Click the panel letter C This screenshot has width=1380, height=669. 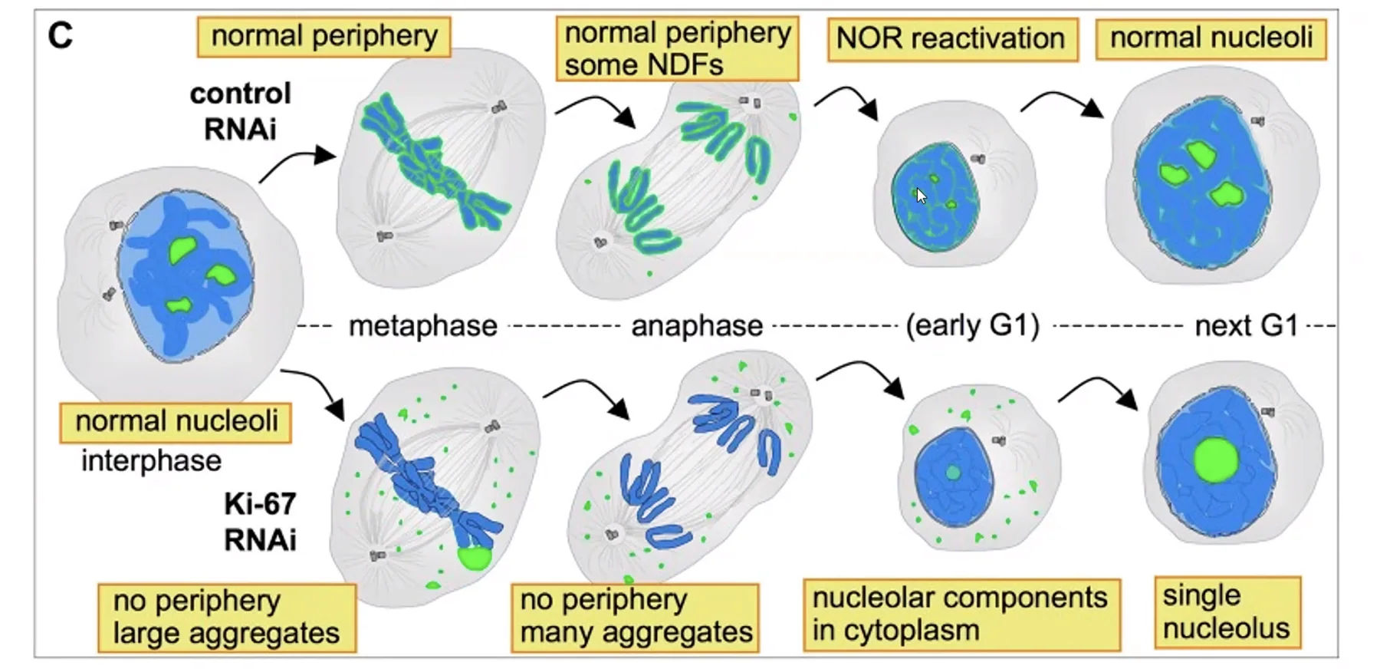pyautogui.click(x=60, y=35)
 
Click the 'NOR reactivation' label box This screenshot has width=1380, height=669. pyautogui.click(x=952, y=39)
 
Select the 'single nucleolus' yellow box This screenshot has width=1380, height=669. pyautogui.click(x=1227, y=612)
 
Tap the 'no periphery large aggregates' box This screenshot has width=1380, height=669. pyautogui.click(x=227, y=618)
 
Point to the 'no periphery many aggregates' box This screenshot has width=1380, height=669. pyautogui.click(x=636, y=617)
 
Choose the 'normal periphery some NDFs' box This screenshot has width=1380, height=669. pyautogui.click(x=678, y=48)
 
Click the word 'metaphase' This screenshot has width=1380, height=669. pyautogui.click(x=423, y=326)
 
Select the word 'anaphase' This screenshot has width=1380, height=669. pyautogui.click(x=697, y=326)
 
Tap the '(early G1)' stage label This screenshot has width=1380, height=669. pyautogui.click(x=973, y=325)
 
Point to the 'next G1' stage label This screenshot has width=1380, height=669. pyautogui.click(x=1247, y=326)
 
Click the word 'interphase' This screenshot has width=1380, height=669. pyautogui.click(x=152, y=460)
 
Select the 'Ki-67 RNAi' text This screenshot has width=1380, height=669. pyautogui.click(x=260, y=522)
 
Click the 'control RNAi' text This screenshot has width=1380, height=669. pyautogui.click(x=241, y=111)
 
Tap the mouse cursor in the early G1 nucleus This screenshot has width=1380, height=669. pyautogui.click(x=922, y=196)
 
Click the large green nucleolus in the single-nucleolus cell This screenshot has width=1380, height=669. pyautogui.click(x=1216, y=460)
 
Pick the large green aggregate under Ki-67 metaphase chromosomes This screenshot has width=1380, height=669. pyautogui.click(x=475, y=558)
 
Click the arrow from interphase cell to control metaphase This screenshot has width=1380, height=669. pyautogui.click(x=297, y=164)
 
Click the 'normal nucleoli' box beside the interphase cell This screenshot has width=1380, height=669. pyautogui.click(x=176, y=423)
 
